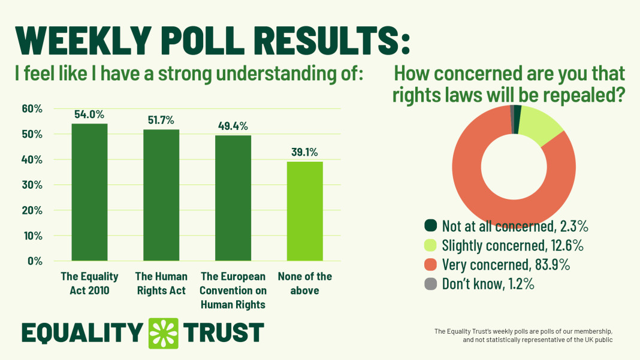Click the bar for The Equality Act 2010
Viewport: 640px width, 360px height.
(x=89, y=192)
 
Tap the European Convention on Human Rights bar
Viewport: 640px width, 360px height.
(x=233, y=198)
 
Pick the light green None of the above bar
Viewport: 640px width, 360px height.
(x=305, y=211)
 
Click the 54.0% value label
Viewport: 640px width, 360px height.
(x=89, y=114)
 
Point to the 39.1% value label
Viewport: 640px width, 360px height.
(x=305, y=152)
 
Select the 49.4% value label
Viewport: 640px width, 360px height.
(x=233, y=126)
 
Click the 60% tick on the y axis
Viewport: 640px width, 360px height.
(x=32, y=109)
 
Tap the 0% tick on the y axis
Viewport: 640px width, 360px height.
(x=34, y=261)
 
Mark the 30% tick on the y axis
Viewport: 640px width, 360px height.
(x=32, y=185)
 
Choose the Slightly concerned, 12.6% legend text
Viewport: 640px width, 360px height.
(x=512, y=246)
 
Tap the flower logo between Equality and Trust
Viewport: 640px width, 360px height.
(x=164, y=332)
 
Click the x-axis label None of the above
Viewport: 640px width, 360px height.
(x=305, y=283)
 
